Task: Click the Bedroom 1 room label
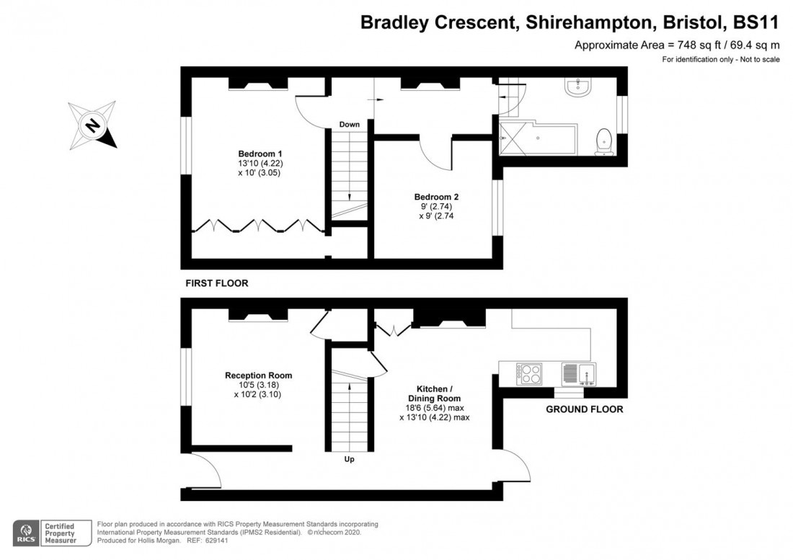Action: (260, 154)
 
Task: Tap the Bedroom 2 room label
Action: (436, 197)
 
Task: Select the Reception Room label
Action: (258, 375)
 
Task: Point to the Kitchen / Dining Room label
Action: (436, 393)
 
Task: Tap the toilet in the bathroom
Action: (605, 141)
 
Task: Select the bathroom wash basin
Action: (580, 88)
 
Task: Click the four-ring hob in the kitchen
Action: (531, 373)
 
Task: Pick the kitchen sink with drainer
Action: (579, 373)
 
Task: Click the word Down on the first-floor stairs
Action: (350, 125)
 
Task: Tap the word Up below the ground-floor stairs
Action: (349, 459)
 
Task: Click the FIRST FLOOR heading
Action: (216, 284)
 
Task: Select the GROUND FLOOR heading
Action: (584, 409)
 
